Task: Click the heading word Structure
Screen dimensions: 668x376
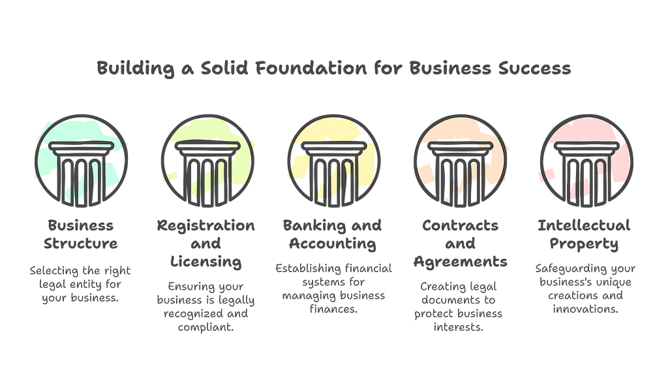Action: pyautogui.click(x=81, y=245)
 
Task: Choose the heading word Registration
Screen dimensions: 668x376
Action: pyautogui.click(x=206, y=226)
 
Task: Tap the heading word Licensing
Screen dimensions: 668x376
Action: pyautogui.click(x=206, y=263)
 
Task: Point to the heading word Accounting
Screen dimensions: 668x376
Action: pyautogui.click(x=333, y=245)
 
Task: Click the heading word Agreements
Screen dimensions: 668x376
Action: pyautogui.click(x=460, y=263)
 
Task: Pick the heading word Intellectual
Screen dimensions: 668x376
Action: pyautogui.click(x=586, y=226)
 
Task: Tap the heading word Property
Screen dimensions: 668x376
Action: pyautogui.click(x=586, y=245)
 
